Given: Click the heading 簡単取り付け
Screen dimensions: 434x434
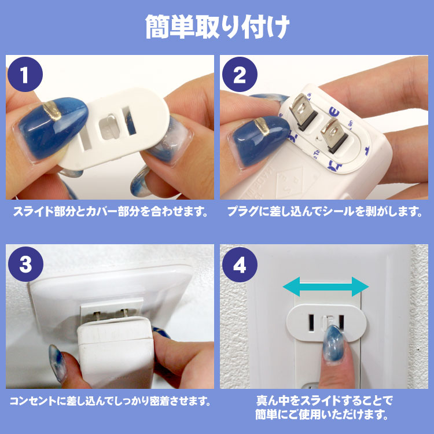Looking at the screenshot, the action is pyautogui.click(x=217, y=27).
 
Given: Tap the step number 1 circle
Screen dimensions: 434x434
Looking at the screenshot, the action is pyautogui.click(x=25, y=74).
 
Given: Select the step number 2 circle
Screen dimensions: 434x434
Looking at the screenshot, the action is pyautogui.click(x=240, y=74).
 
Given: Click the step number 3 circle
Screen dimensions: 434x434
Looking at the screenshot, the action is pyautogui.click(x=25, y=264).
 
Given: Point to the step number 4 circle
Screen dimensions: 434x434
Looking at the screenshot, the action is pyautogui.click(x=240, y=264).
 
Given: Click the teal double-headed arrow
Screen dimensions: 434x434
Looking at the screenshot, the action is pyautogui.click(x=326, y=287).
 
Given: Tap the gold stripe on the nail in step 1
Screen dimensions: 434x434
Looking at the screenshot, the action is pyautogui.click(x=52, y=111).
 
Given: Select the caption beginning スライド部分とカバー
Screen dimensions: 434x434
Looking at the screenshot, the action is pyautogui.click(x=111, y=212).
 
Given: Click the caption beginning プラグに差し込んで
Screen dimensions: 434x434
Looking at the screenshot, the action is pyautogui.click(x=325, y=212).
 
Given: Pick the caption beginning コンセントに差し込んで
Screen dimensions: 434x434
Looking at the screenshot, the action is pyautogui.click(x=111, y=401).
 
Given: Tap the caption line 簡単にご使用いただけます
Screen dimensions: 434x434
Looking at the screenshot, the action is pyautogui.click(x=321, y=414).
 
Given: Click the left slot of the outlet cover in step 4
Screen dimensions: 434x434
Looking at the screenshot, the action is pyautogui.click(x=311, y=322).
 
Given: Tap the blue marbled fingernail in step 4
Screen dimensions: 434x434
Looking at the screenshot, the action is pyautogui.click(x=333, y=344).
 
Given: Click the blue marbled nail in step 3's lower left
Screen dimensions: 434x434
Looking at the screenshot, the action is pyautogui.click(x=57, y=363).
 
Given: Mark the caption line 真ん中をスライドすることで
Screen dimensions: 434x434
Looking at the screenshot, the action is pyautogui.click(x=325, y=400).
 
